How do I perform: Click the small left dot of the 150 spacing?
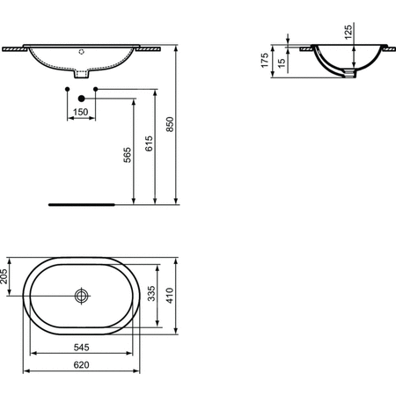68,89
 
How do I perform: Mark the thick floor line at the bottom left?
82,203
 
